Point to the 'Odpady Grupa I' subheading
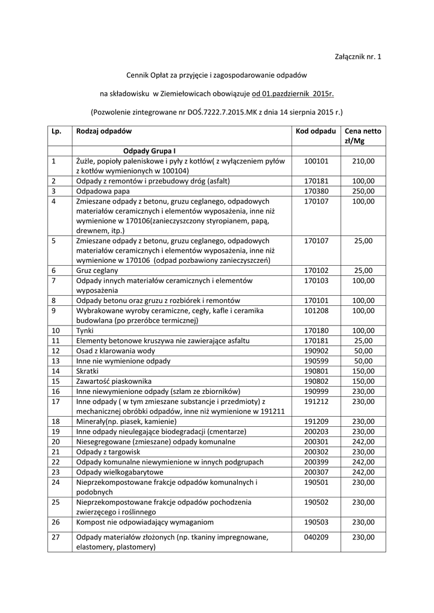click(x=149, y=151)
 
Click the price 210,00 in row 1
click(x=363, y=161)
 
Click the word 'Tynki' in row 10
click(x=86, y=330)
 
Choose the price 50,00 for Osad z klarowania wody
click(x=363, y=351)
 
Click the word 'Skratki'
click(x=89, y=371)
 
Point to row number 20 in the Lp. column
click(x=56, y=442)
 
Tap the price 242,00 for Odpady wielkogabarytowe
click(x=363, y=472)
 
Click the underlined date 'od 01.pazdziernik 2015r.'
click(x=293, y=93)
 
